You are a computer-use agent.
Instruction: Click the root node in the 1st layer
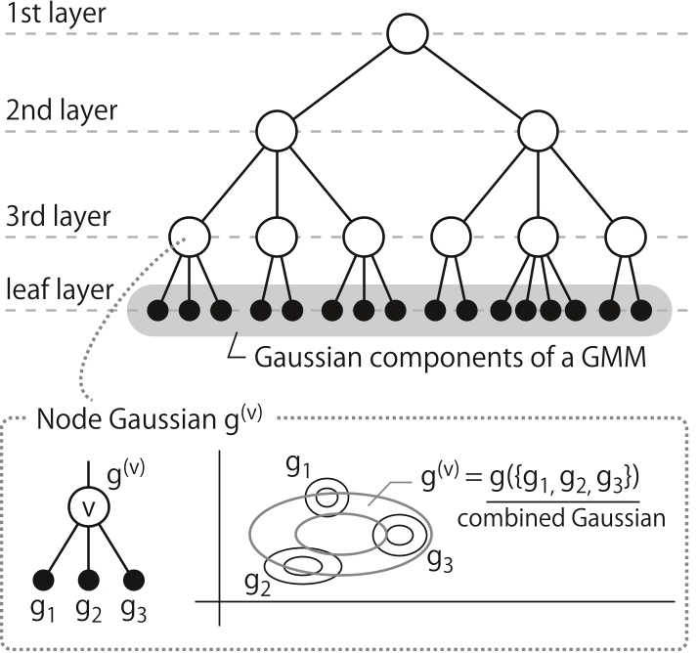pos(408,36)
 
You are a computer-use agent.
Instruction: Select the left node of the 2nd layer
pos(278,130)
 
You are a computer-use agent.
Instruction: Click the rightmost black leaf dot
pos(641,311)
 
